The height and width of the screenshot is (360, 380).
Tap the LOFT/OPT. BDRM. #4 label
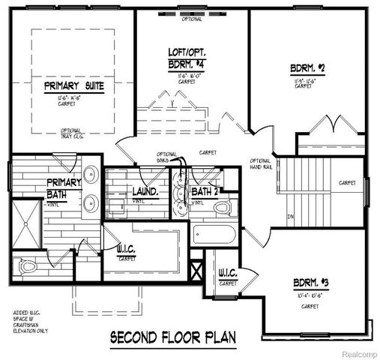(184, 58)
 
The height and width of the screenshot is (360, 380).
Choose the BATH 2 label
(204, 192)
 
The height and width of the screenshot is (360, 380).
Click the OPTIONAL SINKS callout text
(166, 157)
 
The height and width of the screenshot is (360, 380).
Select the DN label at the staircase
(289, 218)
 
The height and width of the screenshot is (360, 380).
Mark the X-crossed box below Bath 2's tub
(199, 268)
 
